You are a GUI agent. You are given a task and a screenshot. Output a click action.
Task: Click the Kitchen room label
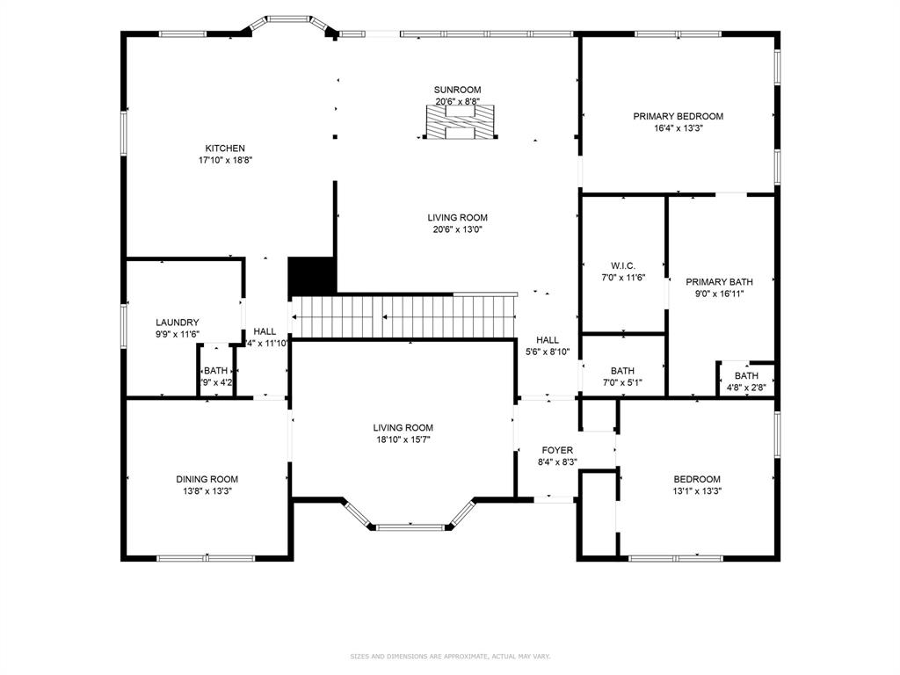[225, 149]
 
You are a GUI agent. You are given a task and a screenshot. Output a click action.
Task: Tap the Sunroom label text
[457, 90]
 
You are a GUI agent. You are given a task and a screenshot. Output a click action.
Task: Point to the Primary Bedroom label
[678, 116]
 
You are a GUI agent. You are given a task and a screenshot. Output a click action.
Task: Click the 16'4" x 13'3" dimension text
[678, 127]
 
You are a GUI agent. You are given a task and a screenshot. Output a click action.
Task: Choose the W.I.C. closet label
[622, 266]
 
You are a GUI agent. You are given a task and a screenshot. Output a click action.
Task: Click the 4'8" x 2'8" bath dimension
[746, 387]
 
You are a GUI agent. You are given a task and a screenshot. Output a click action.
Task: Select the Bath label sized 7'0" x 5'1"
[622, 371]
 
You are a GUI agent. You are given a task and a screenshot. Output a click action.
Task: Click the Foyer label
[557, 450]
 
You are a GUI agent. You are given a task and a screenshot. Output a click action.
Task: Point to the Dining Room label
[207, 479]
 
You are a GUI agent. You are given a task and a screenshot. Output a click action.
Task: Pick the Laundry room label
[178, 323]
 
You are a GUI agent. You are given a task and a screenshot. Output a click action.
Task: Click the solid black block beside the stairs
[312, 276]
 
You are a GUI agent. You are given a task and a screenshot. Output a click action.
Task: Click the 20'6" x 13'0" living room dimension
[457, 229]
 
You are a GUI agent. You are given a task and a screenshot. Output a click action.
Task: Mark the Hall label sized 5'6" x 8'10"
[548, 340]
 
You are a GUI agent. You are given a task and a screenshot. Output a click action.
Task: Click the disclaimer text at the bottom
[449, 656]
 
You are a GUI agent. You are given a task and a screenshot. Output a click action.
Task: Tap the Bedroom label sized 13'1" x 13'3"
[697, 479]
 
